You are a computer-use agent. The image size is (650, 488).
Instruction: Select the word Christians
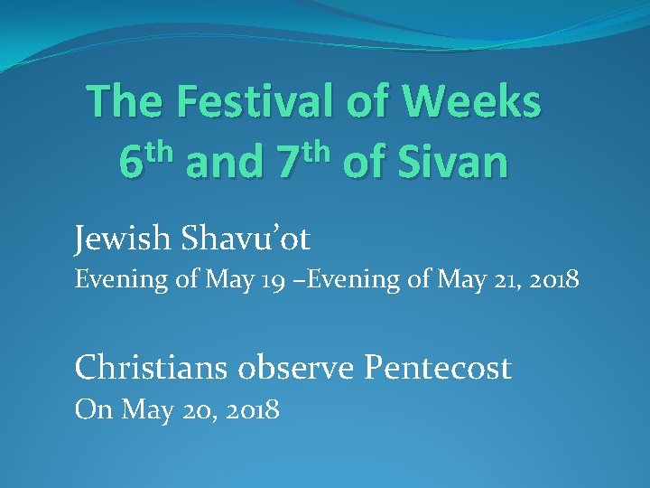click(x=144, y=367)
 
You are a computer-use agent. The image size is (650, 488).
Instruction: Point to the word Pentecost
click(x=437, y=367)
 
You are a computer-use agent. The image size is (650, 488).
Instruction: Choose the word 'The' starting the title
click(x=123, y=101)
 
